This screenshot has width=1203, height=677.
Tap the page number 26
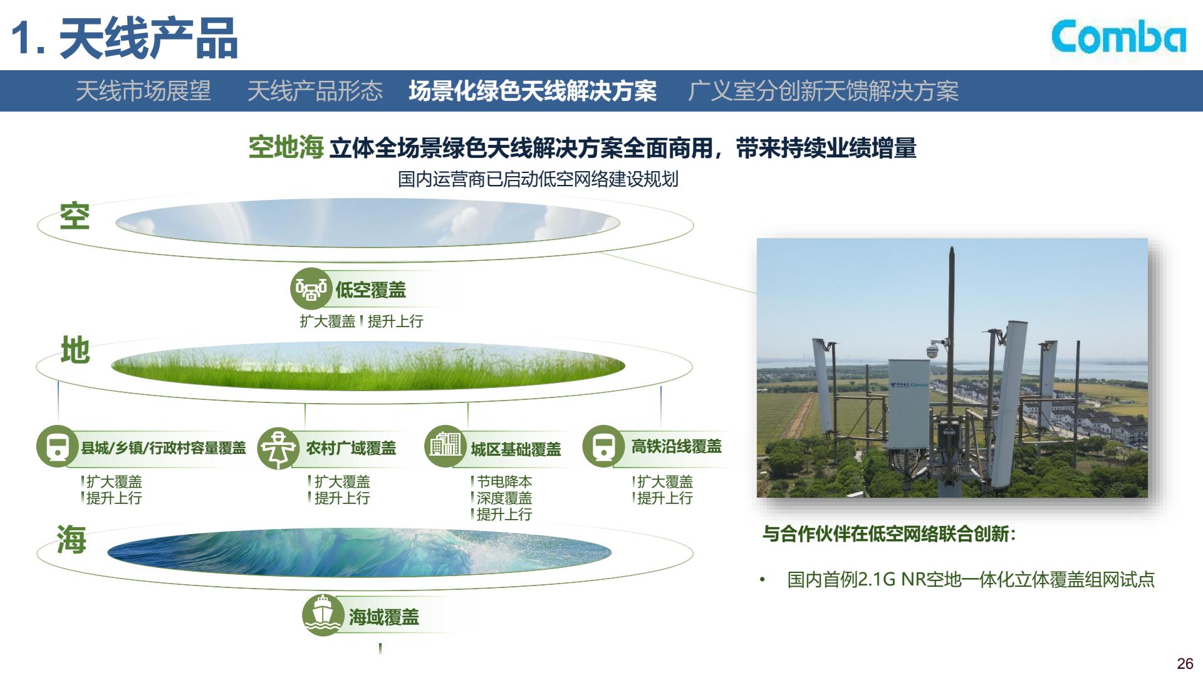click(x=1185, y=664)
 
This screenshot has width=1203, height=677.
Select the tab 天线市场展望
click(x=143, y=91)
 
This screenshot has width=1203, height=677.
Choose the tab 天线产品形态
click(x=315, y=91)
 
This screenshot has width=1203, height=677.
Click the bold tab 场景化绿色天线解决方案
click(x=533, y=91)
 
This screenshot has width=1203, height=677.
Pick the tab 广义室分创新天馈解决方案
click(x=823, y=91)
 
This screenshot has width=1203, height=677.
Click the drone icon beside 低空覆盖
click(x=311, y=289)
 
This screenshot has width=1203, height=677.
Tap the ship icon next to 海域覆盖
click(x=323, y=615)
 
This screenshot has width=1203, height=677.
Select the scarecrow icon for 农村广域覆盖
click(x=278, y=448)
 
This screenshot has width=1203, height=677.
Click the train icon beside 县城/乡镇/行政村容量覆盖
click(x=58, y=446)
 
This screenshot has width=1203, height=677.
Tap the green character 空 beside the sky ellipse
click(x=75, y=216)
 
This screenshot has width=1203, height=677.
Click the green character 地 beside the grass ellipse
click(x=75, y=350)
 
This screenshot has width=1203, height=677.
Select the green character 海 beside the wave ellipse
click(x=71, y=539)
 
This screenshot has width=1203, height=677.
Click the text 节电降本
click(x=504, y=481)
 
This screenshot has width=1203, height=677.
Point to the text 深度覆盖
click(x=504, y=498)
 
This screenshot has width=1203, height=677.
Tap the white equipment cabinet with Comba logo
click(x=909, y=404)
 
